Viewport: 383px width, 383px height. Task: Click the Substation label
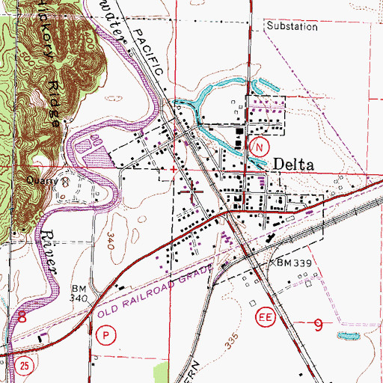pos(292,25)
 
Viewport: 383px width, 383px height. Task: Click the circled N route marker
pos(259,147)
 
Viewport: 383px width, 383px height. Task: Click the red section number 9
pos(319,325)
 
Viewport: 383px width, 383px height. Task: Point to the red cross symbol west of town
pos(175,169)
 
